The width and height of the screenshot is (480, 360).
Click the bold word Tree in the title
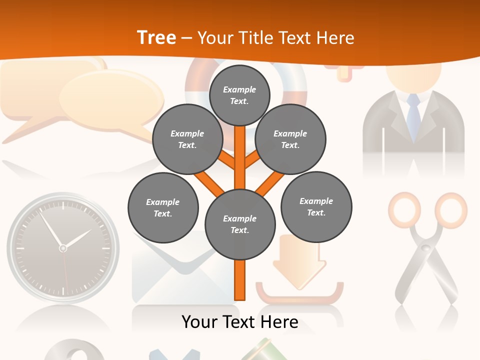click(x=156, y=38)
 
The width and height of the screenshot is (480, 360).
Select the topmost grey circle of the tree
click(x=239, y=95)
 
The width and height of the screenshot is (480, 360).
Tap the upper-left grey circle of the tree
click(x=187, y=139)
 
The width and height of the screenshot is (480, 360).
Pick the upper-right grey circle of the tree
click(x=290, y=139)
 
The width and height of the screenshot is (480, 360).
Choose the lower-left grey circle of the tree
click(x=163, y=207)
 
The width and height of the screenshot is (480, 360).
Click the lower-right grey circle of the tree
click(x=316, y=206)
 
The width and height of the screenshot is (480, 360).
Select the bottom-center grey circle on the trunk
click(x=240, y=224)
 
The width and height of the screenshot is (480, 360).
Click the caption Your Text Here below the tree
click(x=240, y=322)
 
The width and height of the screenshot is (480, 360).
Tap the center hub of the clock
click(x=62, y=248)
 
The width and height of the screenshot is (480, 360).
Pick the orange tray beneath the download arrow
click(x=300, y=295)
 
